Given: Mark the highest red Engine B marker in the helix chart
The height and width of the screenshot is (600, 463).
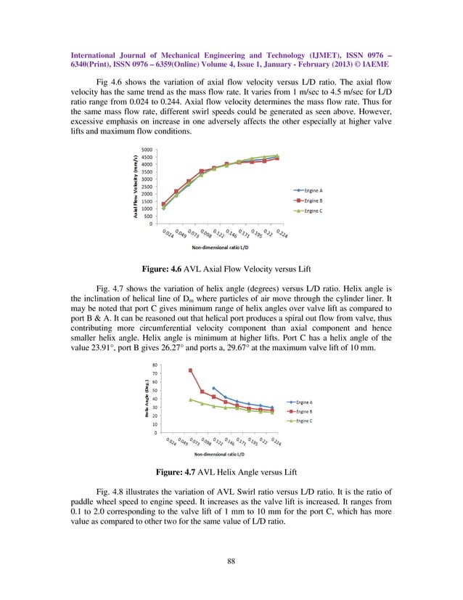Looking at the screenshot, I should coord(190,370).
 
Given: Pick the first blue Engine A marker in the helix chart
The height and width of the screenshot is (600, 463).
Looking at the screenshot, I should coord(213,389).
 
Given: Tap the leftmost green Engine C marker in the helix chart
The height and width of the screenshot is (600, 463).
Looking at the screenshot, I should coord(190,400).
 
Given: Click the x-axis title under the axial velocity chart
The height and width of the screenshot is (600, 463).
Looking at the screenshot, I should coord(216,248).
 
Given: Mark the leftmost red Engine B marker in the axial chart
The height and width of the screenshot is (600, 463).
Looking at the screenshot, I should coord(163,205).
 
